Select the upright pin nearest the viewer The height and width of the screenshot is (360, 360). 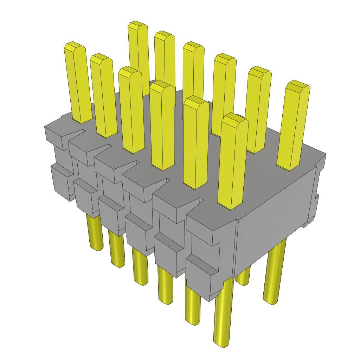(232, 162)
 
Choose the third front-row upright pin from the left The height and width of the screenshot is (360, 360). (131, 109)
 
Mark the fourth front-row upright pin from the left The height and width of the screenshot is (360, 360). (162, 125)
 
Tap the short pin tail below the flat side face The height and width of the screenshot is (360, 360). (243, 276)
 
